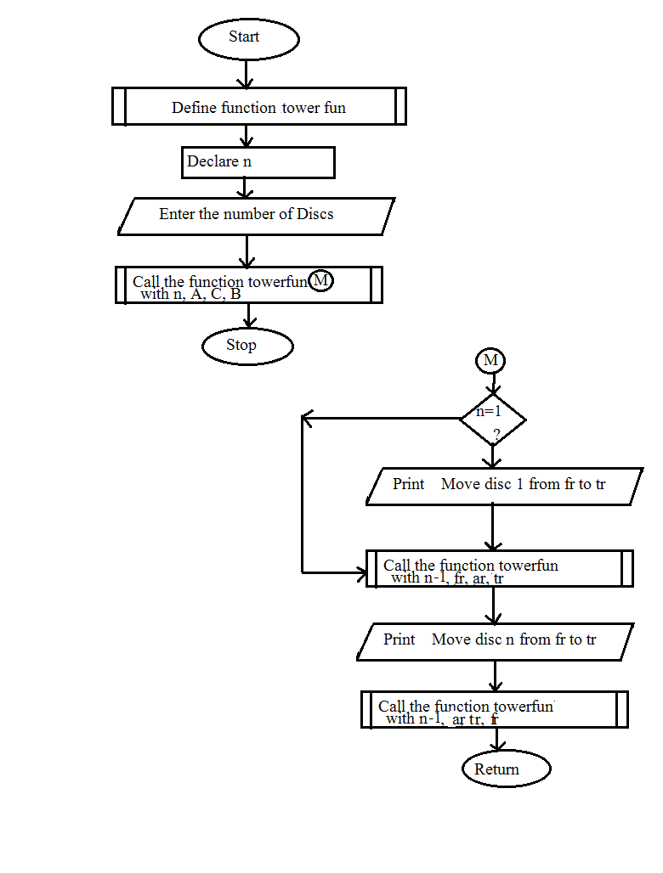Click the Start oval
[248, 39]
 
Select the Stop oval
[247, 346]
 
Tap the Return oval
[506, 769]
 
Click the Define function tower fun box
[258, 107]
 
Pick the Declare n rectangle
[258, 162]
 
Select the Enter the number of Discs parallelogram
[256, 216]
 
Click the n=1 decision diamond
[492, 420]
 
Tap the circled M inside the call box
[320, 281]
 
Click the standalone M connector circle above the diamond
[490, 361]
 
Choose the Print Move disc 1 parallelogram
[504, 486]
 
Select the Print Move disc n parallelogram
[495, 641]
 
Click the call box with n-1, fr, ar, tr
[499, 569]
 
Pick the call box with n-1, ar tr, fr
[494, 710]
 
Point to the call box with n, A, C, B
[248, 285]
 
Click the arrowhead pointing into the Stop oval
[249, 322]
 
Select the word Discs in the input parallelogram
[314, 214]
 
